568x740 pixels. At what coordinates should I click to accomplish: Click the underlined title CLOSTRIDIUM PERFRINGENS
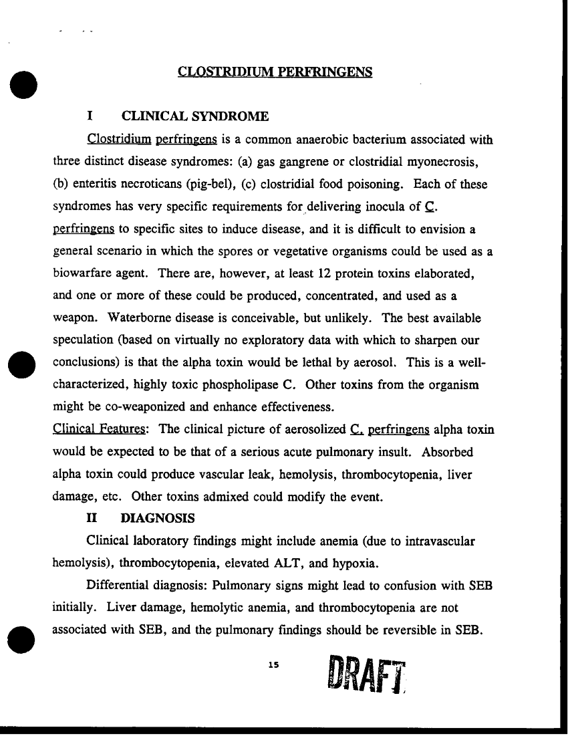pos(275,71)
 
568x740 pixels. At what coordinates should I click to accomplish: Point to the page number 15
pos(272,664)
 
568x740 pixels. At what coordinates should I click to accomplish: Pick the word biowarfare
pos(82,274)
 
